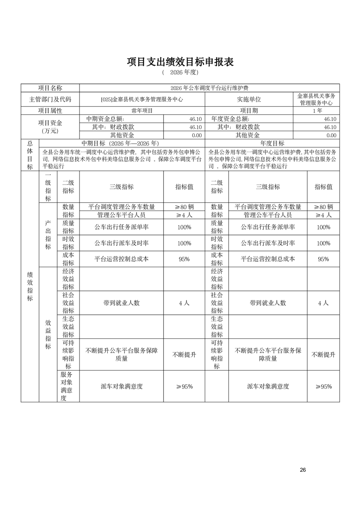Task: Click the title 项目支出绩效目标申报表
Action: point(180,62)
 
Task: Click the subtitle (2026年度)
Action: point(180,73)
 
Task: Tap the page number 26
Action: point(303,470)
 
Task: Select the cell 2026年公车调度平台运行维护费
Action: point(209,88)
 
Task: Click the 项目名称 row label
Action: point(50,88)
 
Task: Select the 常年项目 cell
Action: point(142,110)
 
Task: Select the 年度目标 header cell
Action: point(272,143)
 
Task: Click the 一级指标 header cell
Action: point(48,186)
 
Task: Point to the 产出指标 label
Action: point(48,235)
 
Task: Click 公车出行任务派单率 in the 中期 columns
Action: point(121,227)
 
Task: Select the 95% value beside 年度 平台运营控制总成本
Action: point(323,259)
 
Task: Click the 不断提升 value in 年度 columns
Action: point(323,355)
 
